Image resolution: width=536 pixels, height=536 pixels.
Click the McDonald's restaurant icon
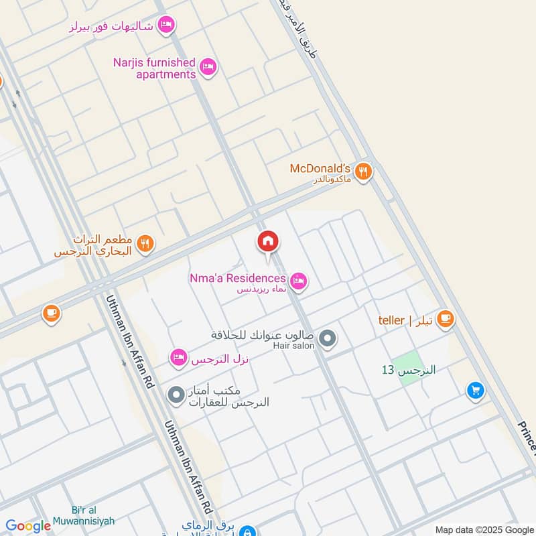[363, 172]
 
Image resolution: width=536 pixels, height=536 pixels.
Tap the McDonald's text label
[320, 169]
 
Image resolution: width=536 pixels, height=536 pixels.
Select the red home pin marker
[268, 242]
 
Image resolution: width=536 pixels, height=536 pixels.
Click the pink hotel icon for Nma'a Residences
[299, 281]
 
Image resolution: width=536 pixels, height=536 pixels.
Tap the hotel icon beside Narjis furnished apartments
[208, 67]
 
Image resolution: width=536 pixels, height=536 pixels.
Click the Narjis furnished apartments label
[155, 68]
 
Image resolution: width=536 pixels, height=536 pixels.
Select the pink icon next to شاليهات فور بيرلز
[167, 25]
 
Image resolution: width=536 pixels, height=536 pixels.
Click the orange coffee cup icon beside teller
[444, 320]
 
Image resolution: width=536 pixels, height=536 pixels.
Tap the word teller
[391, 320]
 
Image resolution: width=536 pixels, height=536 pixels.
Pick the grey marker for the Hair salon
[328, 338]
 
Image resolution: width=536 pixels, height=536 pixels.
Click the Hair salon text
[293, 346]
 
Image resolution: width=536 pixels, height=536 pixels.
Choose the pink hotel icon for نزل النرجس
[178, 358]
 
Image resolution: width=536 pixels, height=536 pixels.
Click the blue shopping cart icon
[475, 390]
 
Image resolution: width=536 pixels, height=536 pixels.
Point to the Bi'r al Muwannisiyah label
[92, 515]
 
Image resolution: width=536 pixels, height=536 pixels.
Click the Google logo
[28, 526]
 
